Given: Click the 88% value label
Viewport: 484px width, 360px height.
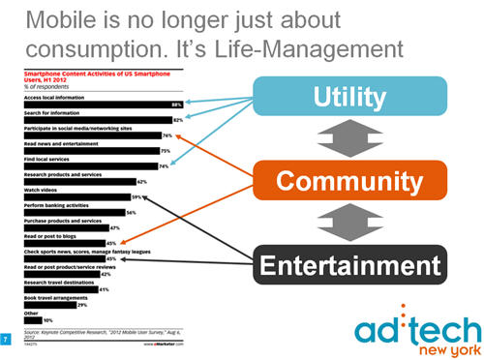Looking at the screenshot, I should tap(177, 103).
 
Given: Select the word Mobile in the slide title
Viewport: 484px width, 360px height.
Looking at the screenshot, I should tap(58, 18).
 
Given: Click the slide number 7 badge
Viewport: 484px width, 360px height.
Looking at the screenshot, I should tap(8, 340).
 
